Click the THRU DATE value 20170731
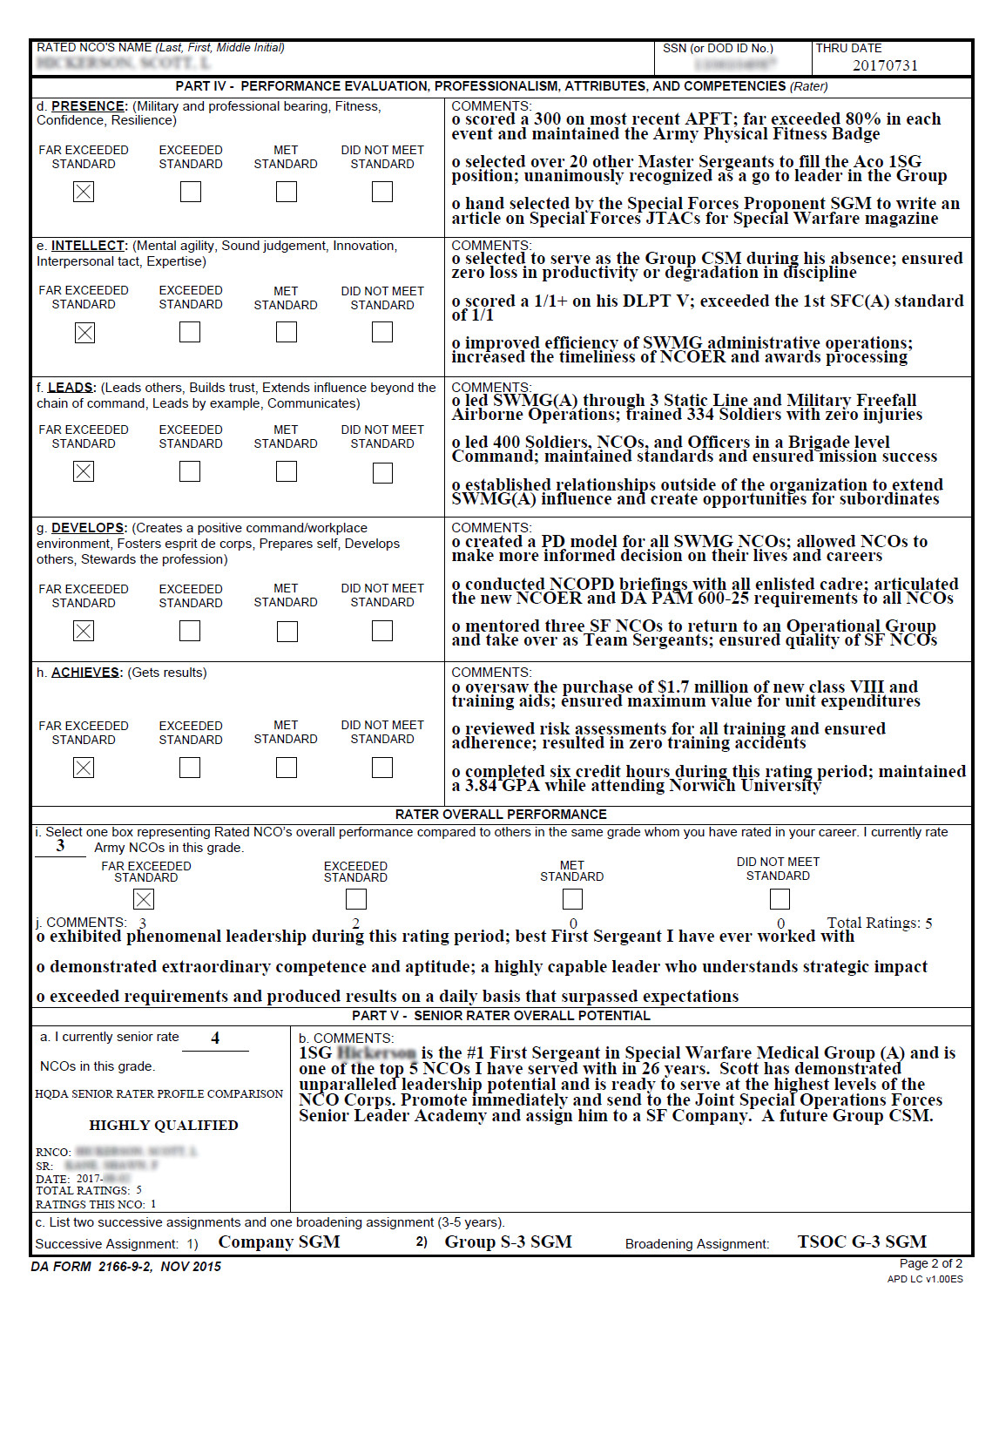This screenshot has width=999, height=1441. (884, 65)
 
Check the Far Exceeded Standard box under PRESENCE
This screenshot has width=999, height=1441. (84, 192)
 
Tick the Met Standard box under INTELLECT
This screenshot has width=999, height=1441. (287, 332)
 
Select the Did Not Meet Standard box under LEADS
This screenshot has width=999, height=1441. (382, 472)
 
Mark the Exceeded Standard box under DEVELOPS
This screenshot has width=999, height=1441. (190, 631)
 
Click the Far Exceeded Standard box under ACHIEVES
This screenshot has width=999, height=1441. (84, 768)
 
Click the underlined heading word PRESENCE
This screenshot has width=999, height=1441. (89, 106)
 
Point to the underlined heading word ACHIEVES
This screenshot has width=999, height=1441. (85, 673)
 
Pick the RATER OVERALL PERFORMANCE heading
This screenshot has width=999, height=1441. (501, 815)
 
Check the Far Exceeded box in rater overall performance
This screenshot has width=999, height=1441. (145, 899)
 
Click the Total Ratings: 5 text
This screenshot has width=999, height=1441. (879, 923)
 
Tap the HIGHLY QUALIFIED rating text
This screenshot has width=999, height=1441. (164, 1126)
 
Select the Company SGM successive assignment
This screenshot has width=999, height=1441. (279, 1242)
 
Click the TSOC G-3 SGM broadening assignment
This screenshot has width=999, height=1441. (861, 1242)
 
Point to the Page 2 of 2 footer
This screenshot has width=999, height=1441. (930, 1263)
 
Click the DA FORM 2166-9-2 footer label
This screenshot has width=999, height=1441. (125, 1267)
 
